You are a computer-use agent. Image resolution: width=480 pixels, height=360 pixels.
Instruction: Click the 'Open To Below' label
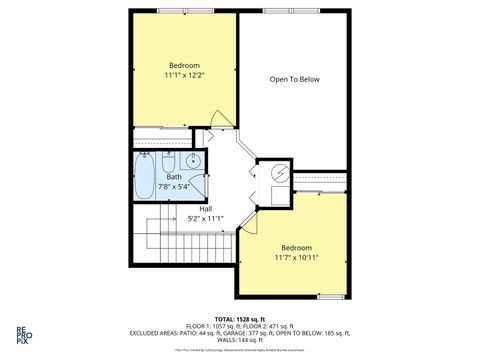click(x=294, y=80)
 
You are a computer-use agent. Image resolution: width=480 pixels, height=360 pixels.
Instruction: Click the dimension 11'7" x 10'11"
click(x=297, y=257)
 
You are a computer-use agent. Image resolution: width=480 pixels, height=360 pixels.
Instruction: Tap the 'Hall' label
click(x=205, y=208)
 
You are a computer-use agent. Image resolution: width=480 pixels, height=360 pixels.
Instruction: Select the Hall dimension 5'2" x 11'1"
click(x=205, y=218)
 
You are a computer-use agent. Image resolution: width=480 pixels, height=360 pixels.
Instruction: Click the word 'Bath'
click(x=174, y=177)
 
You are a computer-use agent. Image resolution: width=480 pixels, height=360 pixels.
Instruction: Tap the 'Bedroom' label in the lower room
click(x=297, y=247)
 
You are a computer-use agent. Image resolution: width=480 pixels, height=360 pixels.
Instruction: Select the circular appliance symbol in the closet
click(x=279, y=173)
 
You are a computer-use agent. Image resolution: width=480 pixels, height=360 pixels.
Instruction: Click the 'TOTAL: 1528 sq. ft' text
click(x=239, y=318)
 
